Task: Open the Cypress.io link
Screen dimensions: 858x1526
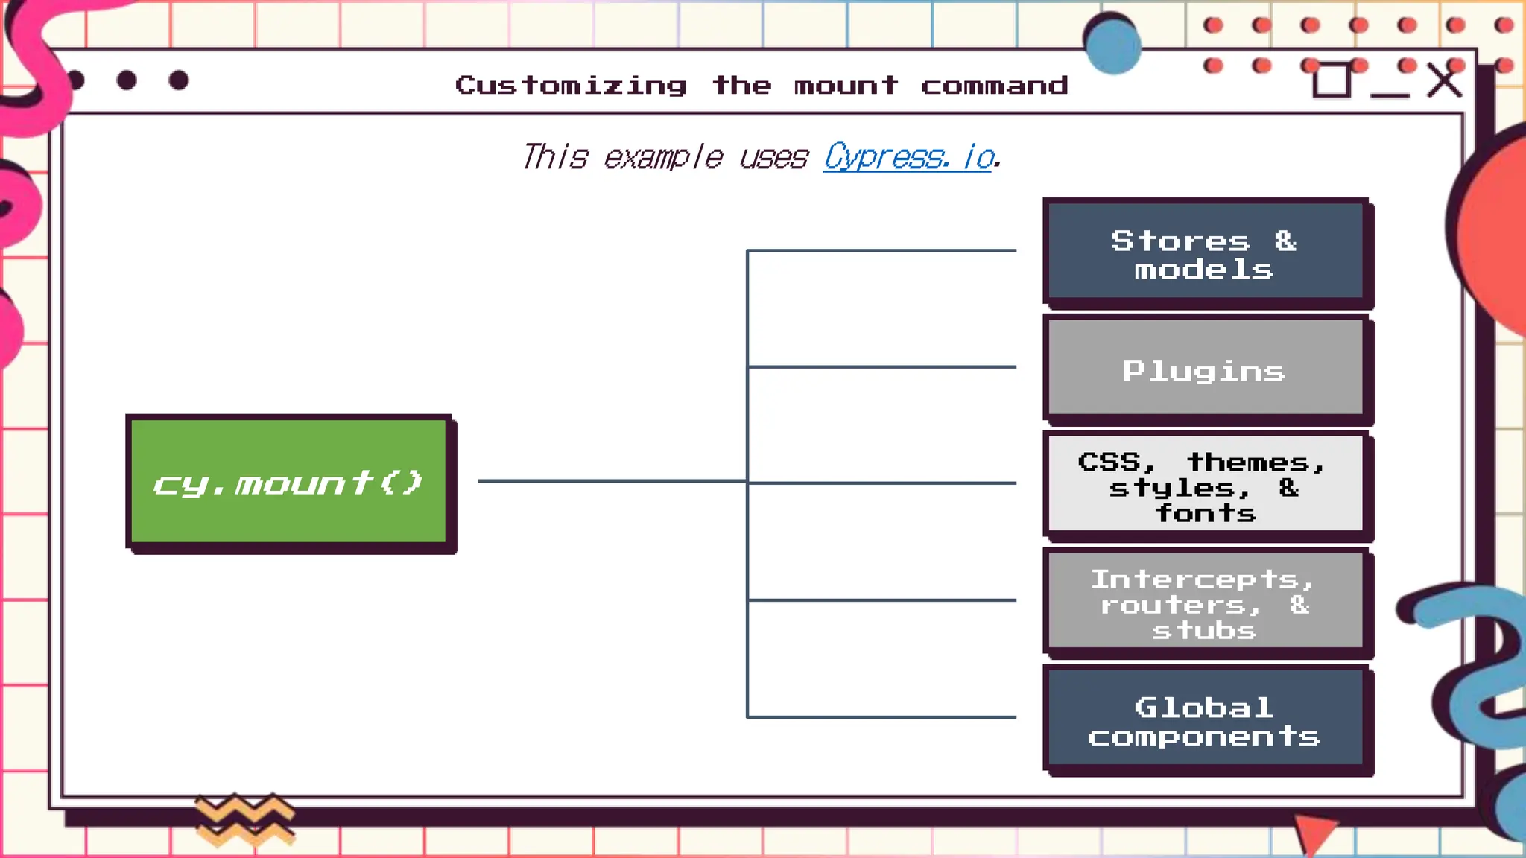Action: (x=909, y=157)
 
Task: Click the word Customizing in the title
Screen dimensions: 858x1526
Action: (x=571, y=86)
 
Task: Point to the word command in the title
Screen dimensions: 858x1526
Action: (x=994, y=86)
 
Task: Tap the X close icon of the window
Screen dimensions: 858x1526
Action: (x=1444, y=81)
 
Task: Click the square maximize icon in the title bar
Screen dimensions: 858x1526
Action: (x=1331, y=80)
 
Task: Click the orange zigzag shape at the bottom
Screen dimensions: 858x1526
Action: (x=244, y=819)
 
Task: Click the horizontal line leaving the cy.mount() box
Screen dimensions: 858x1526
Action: (x=611, y=481)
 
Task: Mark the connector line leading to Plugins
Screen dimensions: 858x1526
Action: (x=882, y=366)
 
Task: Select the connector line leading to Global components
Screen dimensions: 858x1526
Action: (x=882, y=716)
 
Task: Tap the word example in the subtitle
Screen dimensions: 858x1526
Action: (x=662, y=157)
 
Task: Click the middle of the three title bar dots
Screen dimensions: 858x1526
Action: (x=127, y=80)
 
